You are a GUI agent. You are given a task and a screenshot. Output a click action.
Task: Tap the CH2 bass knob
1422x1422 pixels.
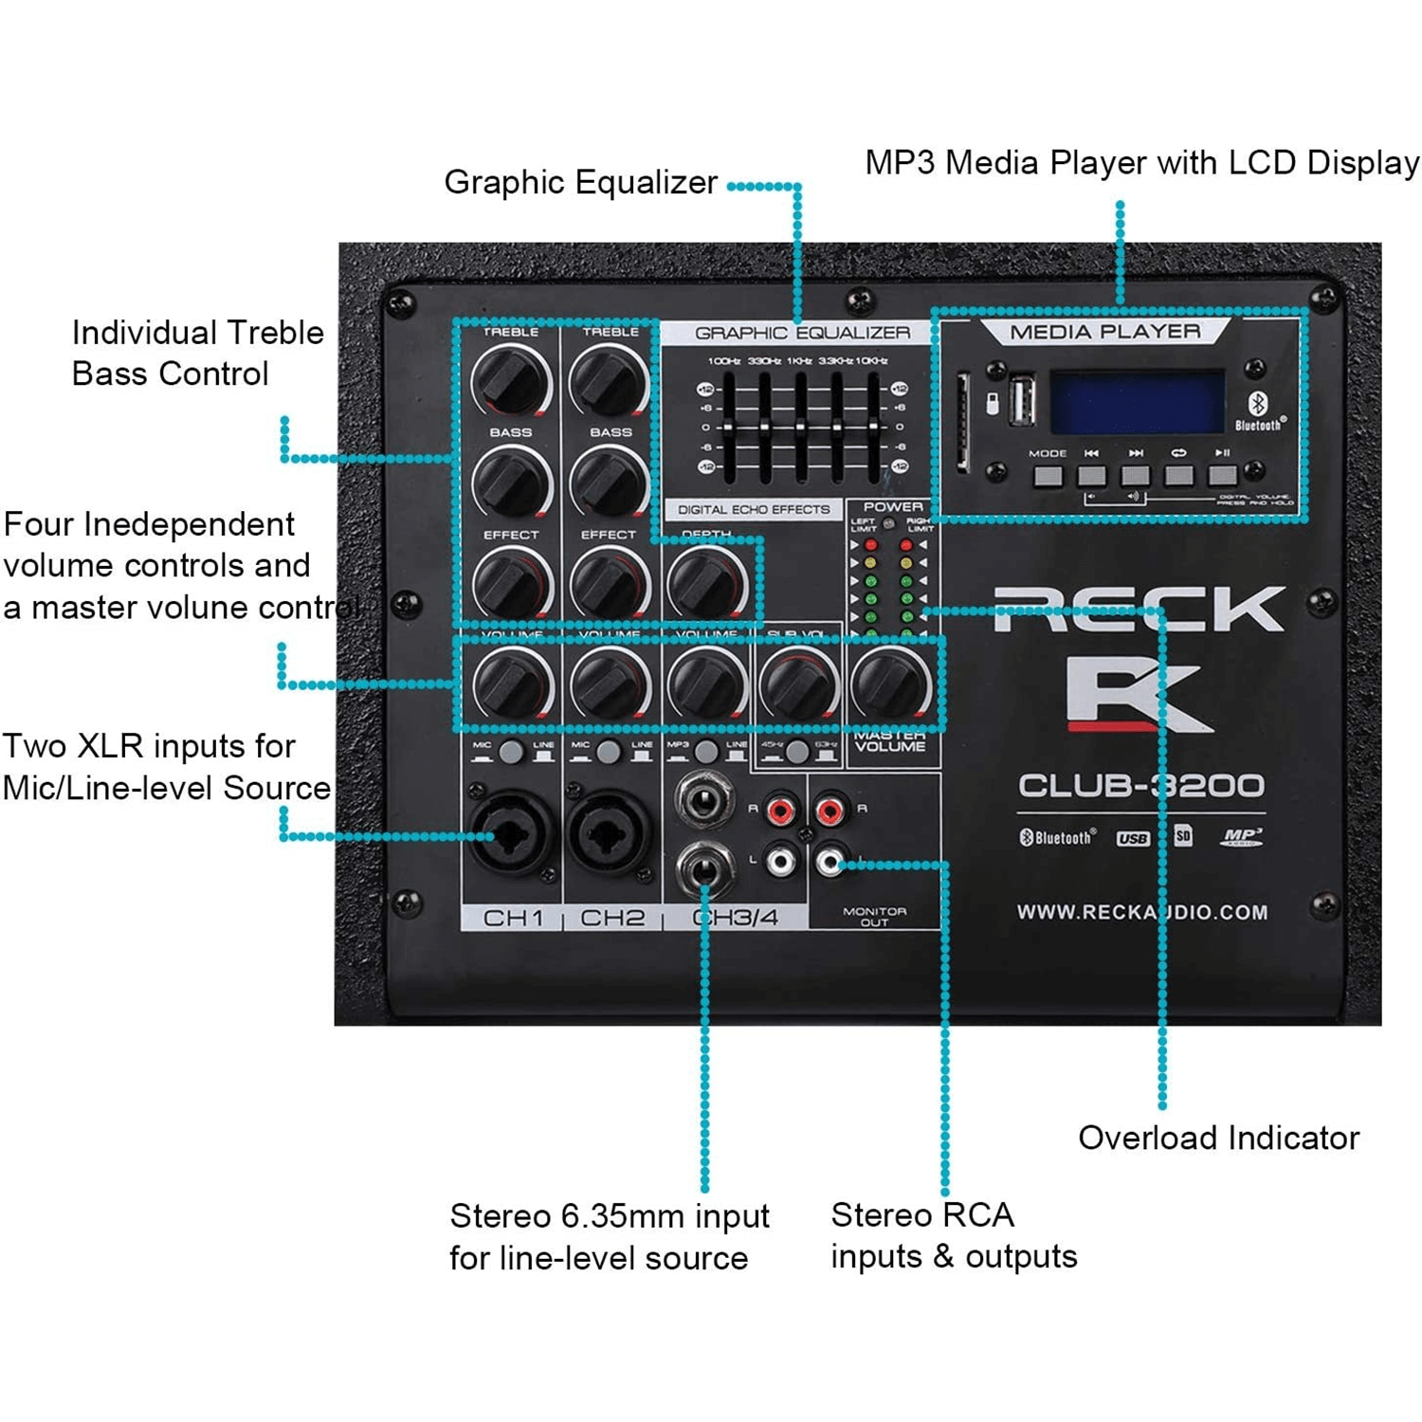click(x=608, y=482)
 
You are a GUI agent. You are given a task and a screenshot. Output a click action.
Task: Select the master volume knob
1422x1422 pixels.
click(x=890, y=683)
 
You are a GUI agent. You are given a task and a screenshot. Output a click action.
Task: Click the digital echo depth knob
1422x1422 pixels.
click(x=706, y=583)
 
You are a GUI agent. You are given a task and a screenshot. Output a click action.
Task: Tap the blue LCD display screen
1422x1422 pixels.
click(x=1137, y=402)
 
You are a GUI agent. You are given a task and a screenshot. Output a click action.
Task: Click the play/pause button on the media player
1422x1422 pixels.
click(x=1222, y=474)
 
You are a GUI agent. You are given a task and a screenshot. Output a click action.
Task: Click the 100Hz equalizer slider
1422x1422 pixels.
click(x=728, y=427)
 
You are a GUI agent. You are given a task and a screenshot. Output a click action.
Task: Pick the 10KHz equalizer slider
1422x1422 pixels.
click(x=872, y=427)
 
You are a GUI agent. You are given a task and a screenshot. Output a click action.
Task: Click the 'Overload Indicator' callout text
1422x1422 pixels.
click(x=1218, y=1138)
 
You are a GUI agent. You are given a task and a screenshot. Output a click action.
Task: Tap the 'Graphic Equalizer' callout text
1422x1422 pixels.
click(x=580, y=182)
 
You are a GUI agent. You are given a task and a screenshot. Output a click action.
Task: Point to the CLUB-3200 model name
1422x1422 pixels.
click(x=1140, y=786)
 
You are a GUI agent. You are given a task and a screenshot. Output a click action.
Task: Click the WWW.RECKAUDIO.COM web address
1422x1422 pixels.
click(x=1141, y=912)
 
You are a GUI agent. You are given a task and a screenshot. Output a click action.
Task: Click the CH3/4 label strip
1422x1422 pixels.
click(x=735, y=918)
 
